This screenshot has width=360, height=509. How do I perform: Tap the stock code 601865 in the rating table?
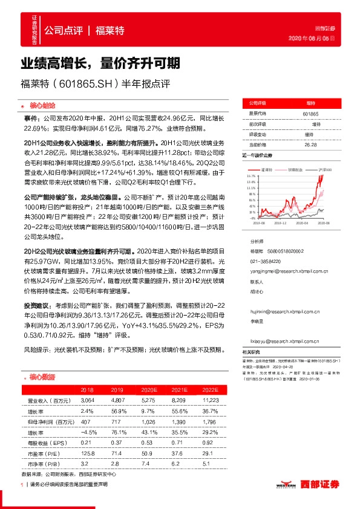click(x=310, y=114)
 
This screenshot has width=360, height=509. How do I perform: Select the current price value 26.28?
click(x=310, y=144)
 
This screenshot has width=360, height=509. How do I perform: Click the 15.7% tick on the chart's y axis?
click(x=252, y=176)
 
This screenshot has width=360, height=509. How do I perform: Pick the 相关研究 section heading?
click(x=251, y=351)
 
